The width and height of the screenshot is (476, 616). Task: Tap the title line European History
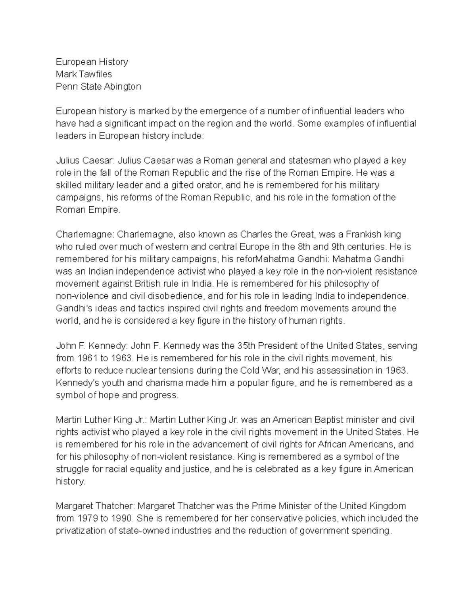coord(92,62)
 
